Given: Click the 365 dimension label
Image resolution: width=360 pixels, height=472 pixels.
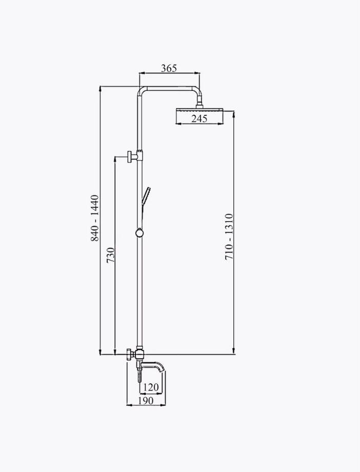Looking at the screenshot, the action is pyautogui.click(x=169, y=68).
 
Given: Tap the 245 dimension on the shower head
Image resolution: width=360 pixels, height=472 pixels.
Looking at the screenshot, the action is pyautogui.click(x=199, y=119).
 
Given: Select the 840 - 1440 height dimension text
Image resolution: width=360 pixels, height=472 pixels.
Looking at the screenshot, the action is pyautogui.click(x=94, y=218).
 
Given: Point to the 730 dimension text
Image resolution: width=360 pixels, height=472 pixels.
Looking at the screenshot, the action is pyautogui.click(x=110, y=255).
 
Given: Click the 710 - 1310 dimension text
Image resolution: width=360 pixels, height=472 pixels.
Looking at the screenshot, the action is pyautogui.click(x=229, y=237).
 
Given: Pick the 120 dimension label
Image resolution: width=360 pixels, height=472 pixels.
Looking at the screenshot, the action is pyautogui.click(x=150, y=387).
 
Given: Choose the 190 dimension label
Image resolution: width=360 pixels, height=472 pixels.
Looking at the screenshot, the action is pyautogui.click(x=146, y=400).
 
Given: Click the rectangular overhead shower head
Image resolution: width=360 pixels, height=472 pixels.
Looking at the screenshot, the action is pyautogui.click(x=199, y=115).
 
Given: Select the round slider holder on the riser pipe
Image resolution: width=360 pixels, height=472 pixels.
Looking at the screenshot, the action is pyautogui.click(x=139, y=233).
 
